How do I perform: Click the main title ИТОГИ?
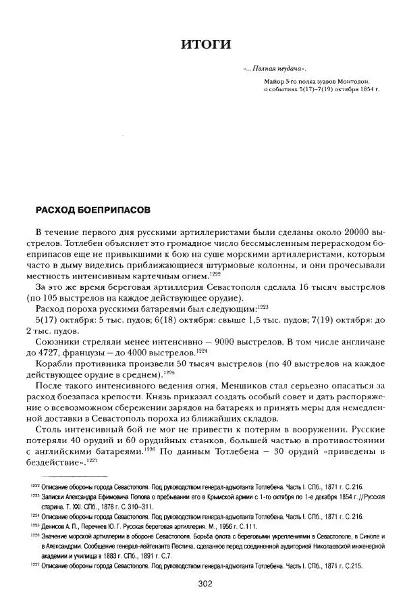click(206, 45)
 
